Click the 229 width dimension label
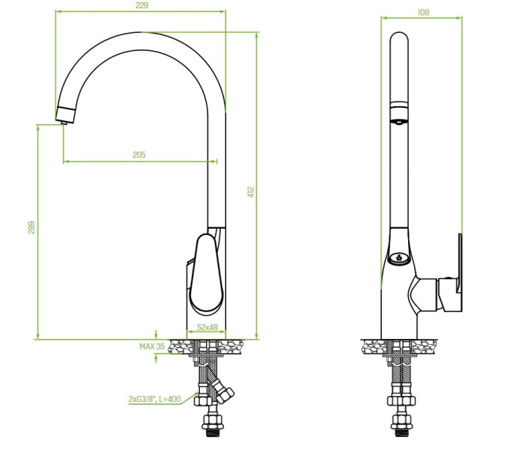pos(142,5)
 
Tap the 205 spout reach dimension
pos(139,155)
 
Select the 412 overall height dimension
pos(251,192)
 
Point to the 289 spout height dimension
pos(31,227)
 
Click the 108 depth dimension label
pos(423,13)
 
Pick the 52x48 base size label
pos(207,327)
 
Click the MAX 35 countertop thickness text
pos(152,346)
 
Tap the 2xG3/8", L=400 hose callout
pos(154,399)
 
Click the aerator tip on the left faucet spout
pos(64,123)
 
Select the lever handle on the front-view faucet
pos(207,272)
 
